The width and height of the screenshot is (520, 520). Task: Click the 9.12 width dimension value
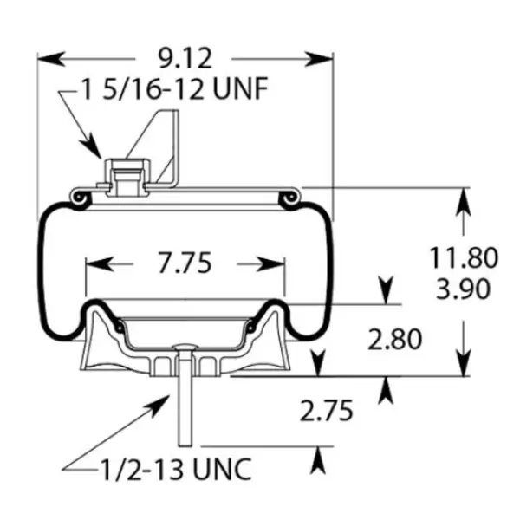[185, 59]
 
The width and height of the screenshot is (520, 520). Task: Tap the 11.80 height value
[465, 257]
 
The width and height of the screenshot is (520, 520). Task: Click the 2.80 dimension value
[394, 339]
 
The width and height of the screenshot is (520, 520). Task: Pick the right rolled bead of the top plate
[289, 200]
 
